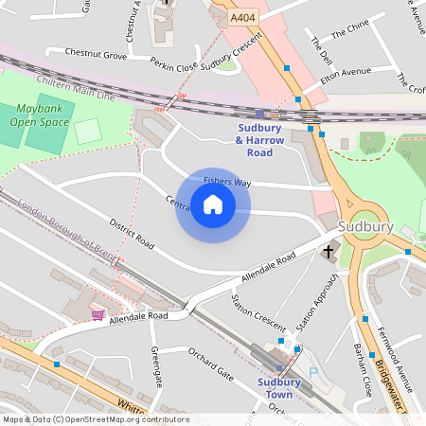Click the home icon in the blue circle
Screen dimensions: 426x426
pyautogui.click(x=213, y=204)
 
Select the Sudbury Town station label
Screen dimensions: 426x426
pyautogui.click(x=278, y=389)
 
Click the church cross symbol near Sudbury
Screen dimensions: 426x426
pyautogui.click(x=329, y=251)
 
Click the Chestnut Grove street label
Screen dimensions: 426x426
pyautogui.click(x=94, y=56)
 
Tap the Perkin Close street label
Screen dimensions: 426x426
pyautogui.click(x=173, y=65)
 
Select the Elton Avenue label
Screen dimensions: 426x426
pyautogui.click(x=345, y=73)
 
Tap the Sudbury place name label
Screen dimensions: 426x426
pyautogui.click(x=364, y=228)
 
